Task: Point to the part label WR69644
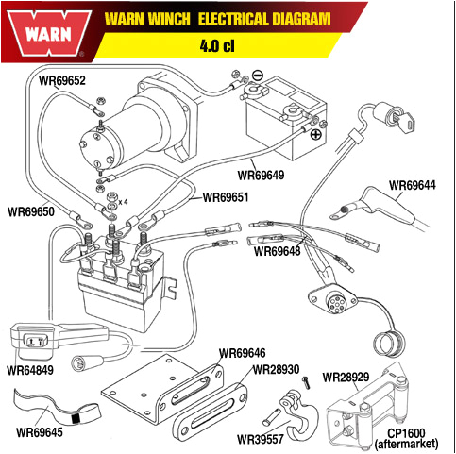(414, 185)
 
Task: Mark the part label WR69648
(276, 252)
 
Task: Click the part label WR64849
(31, 370)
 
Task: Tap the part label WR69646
(244, 353)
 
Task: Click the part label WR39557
(261, 439)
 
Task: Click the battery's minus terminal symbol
(260, 75)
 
